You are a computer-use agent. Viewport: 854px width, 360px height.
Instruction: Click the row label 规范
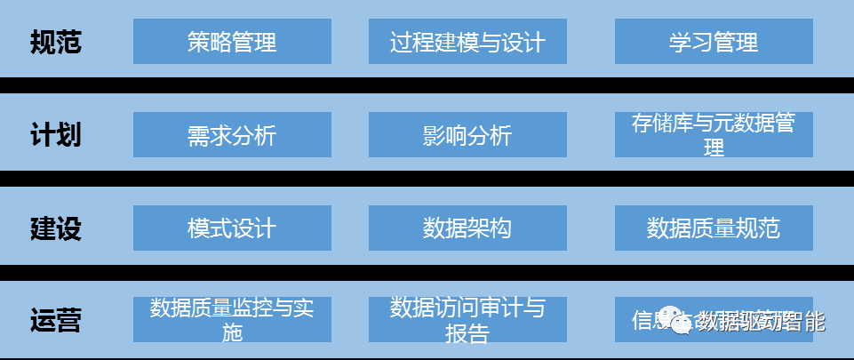(x=55, y=42)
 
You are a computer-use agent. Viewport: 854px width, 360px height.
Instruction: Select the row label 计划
(x=55, y=135)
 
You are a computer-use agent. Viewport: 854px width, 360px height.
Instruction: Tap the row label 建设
(x=55, y=228)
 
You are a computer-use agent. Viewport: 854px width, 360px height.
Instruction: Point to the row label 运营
(x=55, y=320)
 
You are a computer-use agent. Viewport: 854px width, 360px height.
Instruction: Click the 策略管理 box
(x=232, y=42)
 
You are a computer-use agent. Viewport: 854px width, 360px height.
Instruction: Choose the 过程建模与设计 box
(x=467, y=42)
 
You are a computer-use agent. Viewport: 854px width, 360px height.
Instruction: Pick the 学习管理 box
(x=714, y=42)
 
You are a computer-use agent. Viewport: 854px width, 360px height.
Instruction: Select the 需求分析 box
(x=232, y=135)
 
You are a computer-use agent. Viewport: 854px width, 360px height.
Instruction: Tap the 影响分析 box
(x=467, y=135)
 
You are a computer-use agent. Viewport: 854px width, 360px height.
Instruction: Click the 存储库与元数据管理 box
(x=714, y=135)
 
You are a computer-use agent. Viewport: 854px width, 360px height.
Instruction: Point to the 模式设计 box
(x=232, y=228)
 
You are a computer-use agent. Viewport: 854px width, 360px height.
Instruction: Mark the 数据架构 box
(x=467, y=228)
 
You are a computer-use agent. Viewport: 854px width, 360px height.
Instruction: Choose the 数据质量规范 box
(x=714, y=228)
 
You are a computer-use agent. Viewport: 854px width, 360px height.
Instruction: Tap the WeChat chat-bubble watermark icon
(x=683, y=322)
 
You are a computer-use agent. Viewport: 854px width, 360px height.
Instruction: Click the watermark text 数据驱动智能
(x=761, y=321)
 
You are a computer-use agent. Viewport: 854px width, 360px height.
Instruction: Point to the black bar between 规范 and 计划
(x=427, y=84)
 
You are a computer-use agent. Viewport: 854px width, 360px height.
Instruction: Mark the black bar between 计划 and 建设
(x=427, y=178)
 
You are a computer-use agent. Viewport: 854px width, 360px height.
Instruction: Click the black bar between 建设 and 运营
(x=427, y=270)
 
